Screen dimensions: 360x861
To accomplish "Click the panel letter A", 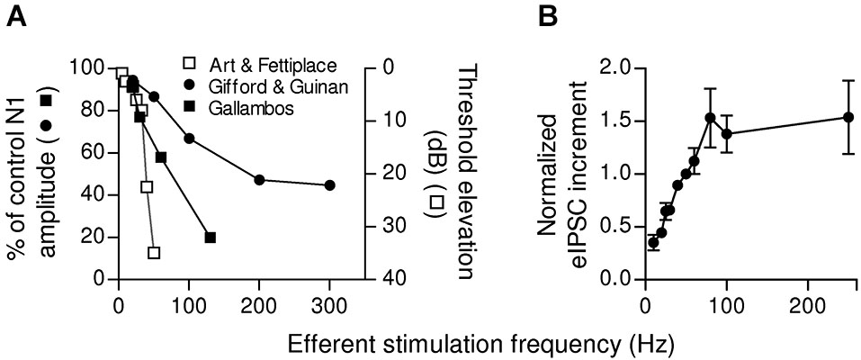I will [15, 15].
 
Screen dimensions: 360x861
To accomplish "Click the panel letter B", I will [552, 15].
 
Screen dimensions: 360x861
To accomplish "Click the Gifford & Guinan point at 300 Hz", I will [329, 184].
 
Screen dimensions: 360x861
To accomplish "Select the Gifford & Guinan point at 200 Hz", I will [259, 180].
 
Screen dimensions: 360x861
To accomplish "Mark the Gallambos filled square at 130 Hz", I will [210, 238].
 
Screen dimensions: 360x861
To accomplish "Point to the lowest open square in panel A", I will [154, 253].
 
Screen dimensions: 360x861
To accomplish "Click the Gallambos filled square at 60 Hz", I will [161, 157].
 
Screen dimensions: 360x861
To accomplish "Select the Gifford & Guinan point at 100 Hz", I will [189, 138].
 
